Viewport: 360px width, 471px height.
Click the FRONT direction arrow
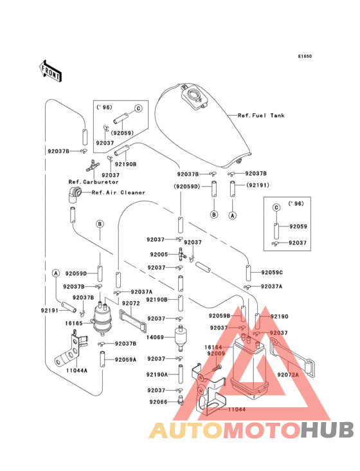(x=50, y=71)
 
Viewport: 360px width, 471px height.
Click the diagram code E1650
(x=305, y=56)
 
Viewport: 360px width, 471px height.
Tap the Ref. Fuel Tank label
(x=261, y=115)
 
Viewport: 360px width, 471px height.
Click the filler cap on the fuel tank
(x=194, y=96)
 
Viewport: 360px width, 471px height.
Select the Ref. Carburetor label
(x=94, y=181)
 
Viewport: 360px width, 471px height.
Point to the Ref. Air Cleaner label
(x=118, y=192)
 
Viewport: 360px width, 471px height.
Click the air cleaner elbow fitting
(x=74, y=195)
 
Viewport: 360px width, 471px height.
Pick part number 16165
(x=74, y=323)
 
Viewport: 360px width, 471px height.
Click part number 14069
(x=155, y=337)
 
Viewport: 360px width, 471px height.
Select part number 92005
(x=159, y=254)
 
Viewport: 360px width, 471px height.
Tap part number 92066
(x=158, y=402)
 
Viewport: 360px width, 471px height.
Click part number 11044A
(x=76, y=371)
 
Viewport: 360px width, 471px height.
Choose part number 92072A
(x=288, y=374)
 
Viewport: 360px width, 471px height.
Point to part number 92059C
(x=272, y=272)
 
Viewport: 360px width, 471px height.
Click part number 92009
(x=216, y=353)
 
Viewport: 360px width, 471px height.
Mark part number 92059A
(x=125, y=360)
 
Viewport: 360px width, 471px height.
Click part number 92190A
(x=157, y=374)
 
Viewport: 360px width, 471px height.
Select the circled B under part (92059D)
(x=214, y=214)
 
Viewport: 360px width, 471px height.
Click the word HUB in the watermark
(x=328, y=430)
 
